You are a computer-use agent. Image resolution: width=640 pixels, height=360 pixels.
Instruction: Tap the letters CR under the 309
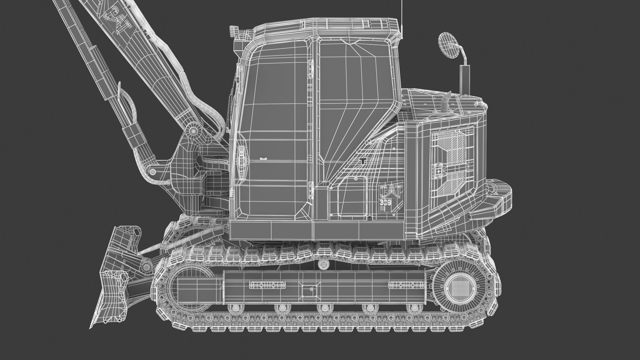[383, 208]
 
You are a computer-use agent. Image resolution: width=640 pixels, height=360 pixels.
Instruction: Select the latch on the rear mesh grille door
[438, 170]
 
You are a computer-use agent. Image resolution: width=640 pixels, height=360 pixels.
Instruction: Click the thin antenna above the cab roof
[402, 18]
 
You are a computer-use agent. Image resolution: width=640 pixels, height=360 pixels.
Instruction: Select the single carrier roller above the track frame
[323, 264]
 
